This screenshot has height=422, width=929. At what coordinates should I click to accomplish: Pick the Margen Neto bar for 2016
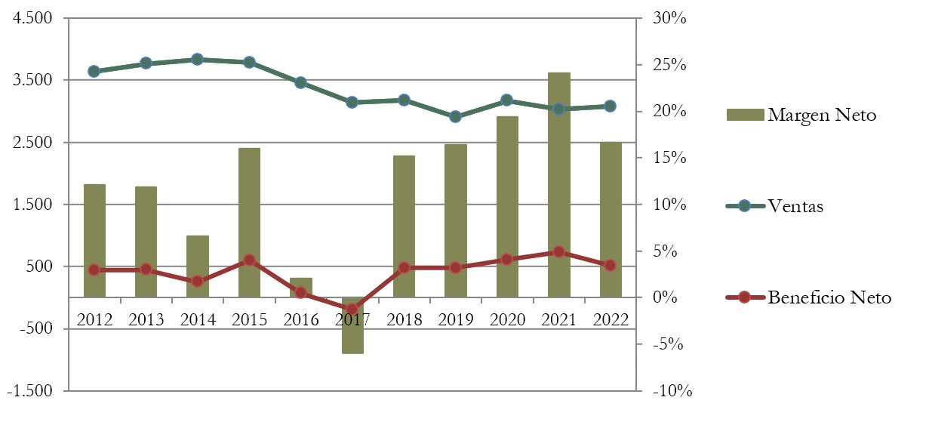(x=301, y=288)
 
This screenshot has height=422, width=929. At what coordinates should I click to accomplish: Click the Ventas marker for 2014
(x=198, y=59)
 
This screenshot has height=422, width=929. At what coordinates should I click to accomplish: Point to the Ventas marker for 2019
(x=456, y=116)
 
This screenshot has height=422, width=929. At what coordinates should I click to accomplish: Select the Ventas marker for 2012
(x=94, y=71)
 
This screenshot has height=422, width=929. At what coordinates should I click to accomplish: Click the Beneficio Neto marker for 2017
(x=352, y=309)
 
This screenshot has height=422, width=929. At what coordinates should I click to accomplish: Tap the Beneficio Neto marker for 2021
(x=559, y=251)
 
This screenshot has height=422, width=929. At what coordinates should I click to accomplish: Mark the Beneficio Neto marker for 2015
(x=249, y=260)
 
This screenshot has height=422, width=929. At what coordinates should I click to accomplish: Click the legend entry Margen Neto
(x=821, y=116)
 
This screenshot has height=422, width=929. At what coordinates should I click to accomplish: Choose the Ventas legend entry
(x=795, y=206)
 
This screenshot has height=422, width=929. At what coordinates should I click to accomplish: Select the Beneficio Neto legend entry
(x=829, y=297)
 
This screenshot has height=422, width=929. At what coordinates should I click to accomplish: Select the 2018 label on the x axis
(x=405, y=319)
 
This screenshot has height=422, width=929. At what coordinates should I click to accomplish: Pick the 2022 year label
(x=611, y=319)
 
